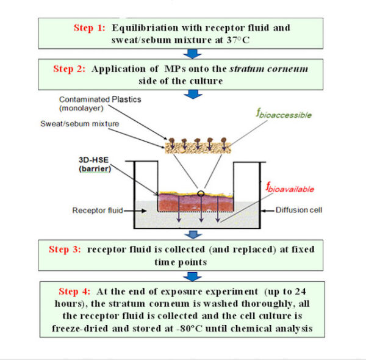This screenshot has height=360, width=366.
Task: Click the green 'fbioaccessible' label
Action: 284,114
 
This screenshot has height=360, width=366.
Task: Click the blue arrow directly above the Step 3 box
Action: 194,235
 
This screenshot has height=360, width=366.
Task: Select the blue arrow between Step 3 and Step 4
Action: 194,275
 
